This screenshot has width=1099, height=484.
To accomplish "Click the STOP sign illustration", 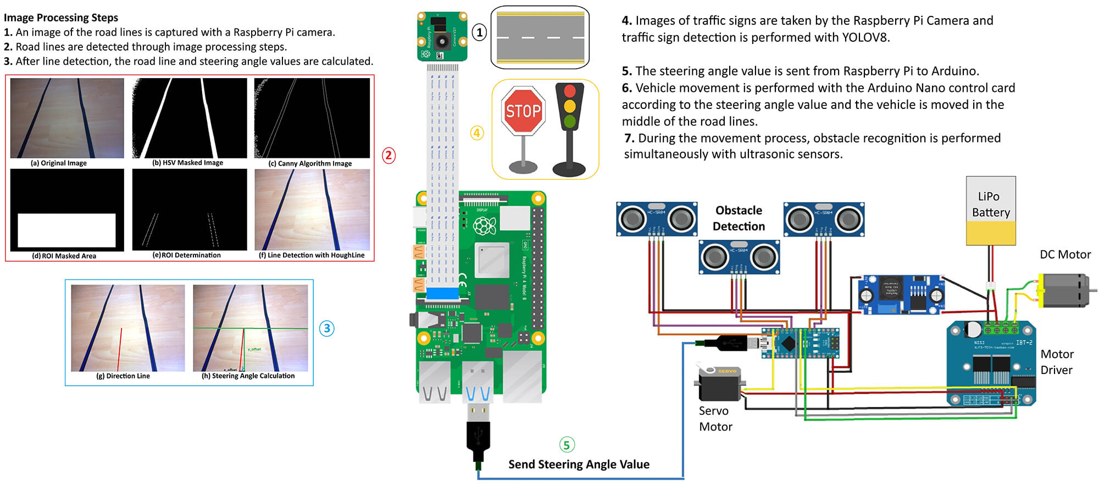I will (523, 112).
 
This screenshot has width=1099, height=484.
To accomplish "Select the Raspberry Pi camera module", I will (442, 37).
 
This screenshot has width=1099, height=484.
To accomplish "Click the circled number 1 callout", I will (479, 32).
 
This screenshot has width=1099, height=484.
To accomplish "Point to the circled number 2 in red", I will (388, 155).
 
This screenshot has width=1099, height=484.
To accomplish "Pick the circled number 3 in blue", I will (326, 328).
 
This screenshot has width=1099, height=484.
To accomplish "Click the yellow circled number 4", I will (476, 133).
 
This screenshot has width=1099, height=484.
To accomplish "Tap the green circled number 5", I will (567, 444).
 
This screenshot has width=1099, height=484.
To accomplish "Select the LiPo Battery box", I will (991, 211).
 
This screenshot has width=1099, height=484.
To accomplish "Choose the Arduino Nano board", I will (800, 343).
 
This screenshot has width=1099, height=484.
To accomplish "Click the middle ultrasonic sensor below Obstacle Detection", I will (739, 256).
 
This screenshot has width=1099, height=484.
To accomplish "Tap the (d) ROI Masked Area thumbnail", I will (67, 210).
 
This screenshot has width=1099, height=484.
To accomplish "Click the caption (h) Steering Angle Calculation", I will (248, 376).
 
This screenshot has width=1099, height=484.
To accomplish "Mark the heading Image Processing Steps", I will (61, 18).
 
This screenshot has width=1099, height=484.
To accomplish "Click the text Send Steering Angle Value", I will (579, 464).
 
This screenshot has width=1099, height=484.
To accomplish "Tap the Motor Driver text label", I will (1057, 362).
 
